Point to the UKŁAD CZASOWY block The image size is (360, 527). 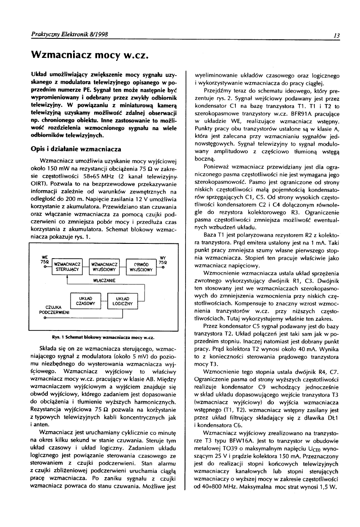[85, 301]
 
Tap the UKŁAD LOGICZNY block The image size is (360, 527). [122, 301]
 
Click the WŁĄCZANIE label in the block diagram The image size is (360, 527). [104, 280]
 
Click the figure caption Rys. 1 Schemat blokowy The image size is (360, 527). [102, 337]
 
